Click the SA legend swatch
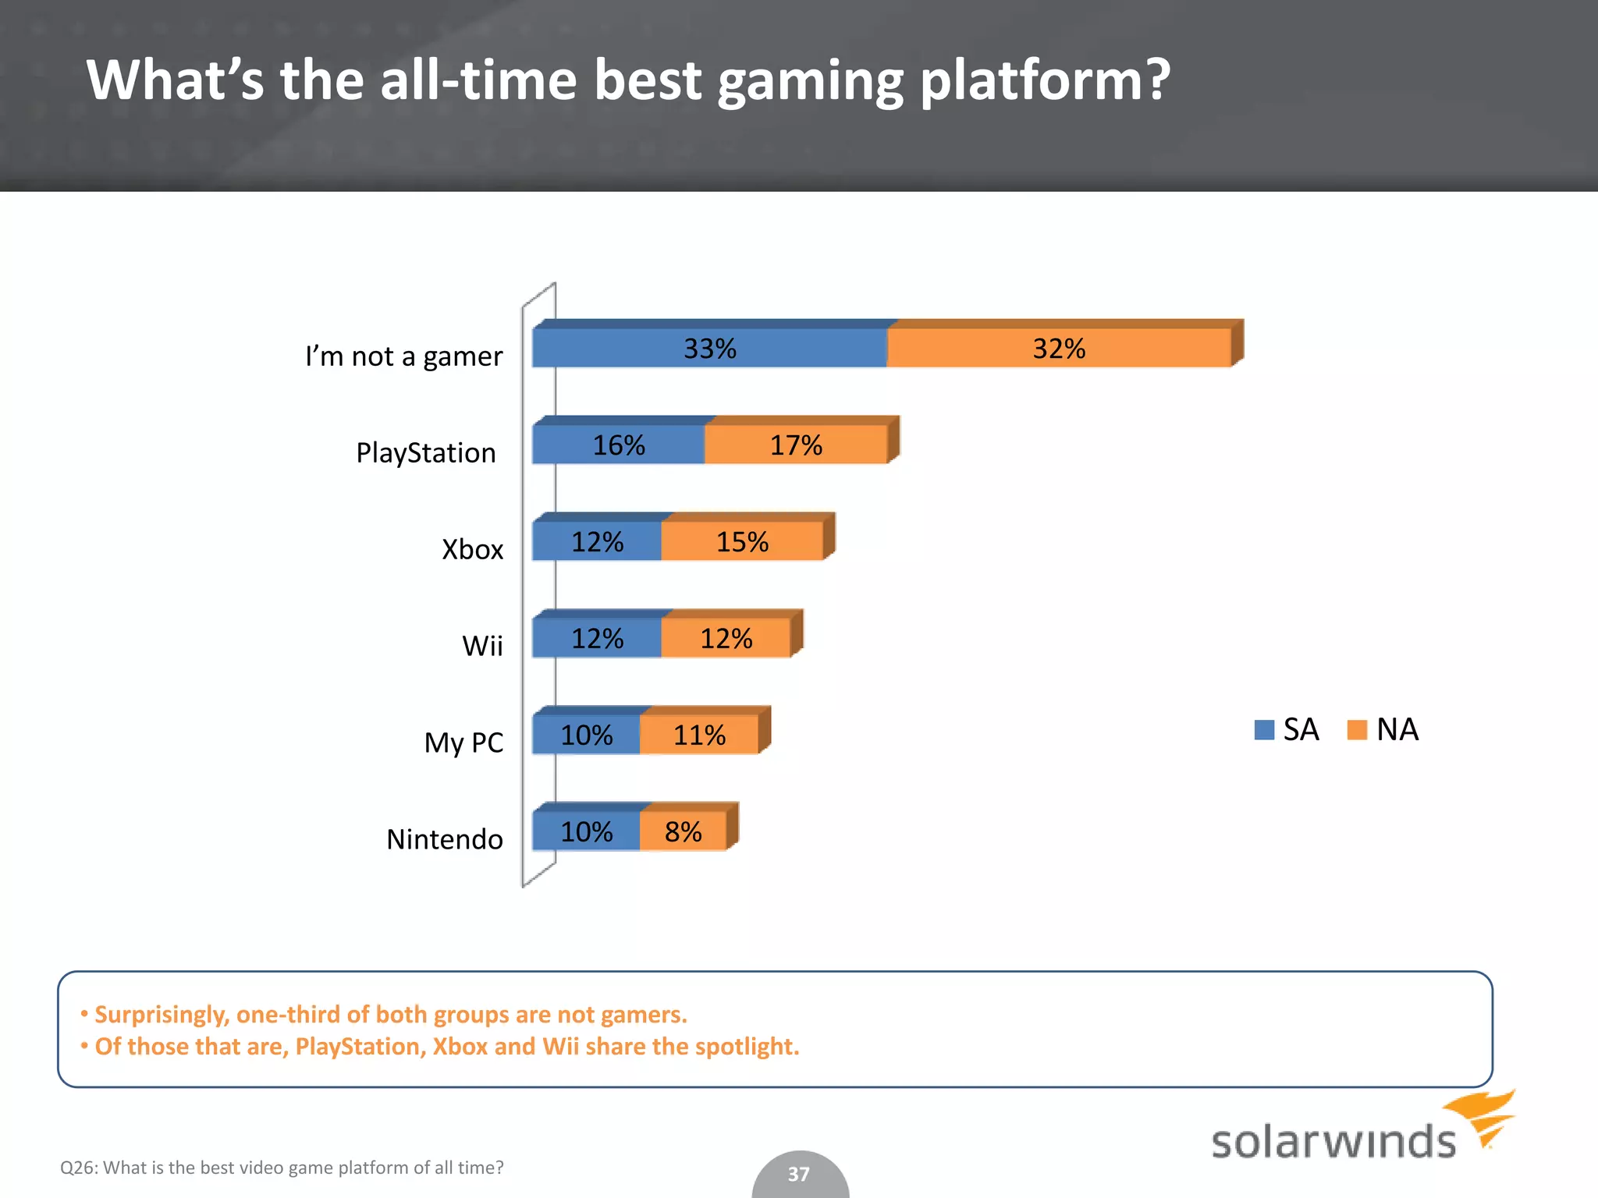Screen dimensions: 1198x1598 click(x=1264, y=730)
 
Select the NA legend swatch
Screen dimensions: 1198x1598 click(x=1357, y=730)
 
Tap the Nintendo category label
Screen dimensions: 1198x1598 click(x=445, y=839)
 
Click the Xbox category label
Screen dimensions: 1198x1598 click(x=472, y=549)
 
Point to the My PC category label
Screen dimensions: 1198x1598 click(x=463, y=743)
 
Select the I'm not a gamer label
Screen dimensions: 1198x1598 click(x=403, y=356)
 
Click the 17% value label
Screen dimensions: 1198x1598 click(x=796, y=445)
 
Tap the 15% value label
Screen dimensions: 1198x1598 click(x=742, y=542)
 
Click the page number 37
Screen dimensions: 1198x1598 click(x=798, y=1174)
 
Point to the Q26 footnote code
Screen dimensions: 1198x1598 click(x=77, y=1168)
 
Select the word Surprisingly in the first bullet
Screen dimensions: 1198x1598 click(x=162, y=1014)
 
